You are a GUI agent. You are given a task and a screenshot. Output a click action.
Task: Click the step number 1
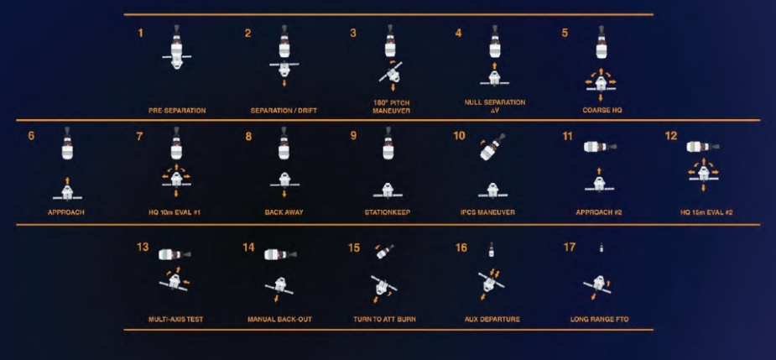click(x=141, y=34)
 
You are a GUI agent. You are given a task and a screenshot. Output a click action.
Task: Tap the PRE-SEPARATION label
click(x=177, y=111)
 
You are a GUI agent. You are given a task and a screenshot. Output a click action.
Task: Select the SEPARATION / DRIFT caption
click(x=284, y=111)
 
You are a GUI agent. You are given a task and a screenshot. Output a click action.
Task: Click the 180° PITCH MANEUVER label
click(x=391, y=107)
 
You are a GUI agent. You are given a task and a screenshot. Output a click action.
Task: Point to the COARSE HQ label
click(x=602, y=110)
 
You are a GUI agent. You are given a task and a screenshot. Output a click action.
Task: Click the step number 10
click(x=459, y=136)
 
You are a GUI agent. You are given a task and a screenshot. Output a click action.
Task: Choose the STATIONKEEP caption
click(x=388, y=212)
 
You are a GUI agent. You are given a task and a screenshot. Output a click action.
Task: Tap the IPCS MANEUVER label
click(x=487, y=212)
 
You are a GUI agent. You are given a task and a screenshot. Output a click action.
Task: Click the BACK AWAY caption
click(x=284, y=212)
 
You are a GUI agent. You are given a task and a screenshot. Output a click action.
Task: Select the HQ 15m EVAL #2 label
click(x=706, y=212)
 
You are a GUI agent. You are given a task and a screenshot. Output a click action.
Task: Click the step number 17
click(x=569, y=247)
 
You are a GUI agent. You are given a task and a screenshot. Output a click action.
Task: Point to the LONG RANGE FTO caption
click(x=599, y=320)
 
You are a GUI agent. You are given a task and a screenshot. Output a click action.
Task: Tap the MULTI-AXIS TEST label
click(x=175, y=320)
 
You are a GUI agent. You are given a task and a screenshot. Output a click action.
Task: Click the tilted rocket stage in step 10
click(x=492, y=147)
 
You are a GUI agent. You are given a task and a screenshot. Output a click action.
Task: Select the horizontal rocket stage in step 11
click(x=600, y=147)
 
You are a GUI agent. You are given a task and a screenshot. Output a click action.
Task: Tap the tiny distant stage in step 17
click(x=602, y=248)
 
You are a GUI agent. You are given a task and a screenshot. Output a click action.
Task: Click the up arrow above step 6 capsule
click(x=68, y=180)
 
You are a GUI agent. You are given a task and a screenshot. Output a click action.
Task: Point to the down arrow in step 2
click(x=284, y=83)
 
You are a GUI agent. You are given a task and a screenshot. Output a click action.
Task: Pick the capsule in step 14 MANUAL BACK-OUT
click(x=279, y=285)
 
